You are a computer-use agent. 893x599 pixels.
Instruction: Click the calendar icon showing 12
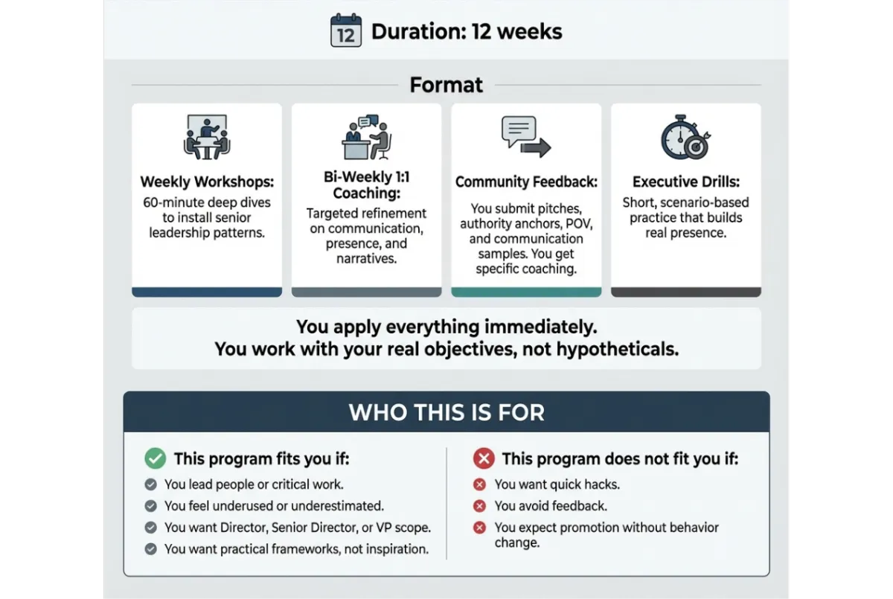(x=346, y=31)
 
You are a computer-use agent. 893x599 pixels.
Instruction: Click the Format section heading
(x=446, y=85)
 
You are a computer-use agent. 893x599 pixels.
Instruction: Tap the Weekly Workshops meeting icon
(x=206, y=137)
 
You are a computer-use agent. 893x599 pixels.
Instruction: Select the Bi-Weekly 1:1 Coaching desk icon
(x=366, y=138)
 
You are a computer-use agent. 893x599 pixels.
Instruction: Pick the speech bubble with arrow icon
(x=525, y=137)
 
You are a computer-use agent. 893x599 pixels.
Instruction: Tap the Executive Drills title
(x=685, y=182)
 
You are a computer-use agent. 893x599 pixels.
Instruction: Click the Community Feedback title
(x=526, y=182)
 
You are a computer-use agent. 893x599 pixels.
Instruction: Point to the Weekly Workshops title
(x=206, y=182)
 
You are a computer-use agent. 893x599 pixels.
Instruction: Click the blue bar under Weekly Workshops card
(x=207, y=292)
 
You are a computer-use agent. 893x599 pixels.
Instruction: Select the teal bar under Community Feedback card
(x=526, y=292)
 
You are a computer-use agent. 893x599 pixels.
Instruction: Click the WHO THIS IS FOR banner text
(x=446, y=412)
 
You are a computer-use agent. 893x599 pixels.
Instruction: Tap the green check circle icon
(x=155, y=458)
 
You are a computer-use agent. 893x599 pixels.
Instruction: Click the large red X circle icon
(x=483, y=458)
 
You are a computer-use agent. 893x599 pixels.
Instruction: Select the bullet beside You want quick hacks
(x=480, y=484)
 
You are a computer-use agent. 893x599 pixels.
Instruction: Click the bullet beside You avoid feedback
(x=480, y=506)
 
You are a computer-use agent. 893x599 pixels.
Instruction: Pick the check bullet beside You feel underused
(x=151, y=506)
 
